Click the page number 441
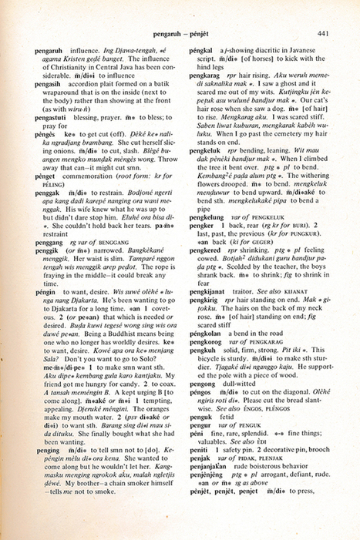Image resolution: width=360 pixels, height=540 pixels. (x=323, y=33)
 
